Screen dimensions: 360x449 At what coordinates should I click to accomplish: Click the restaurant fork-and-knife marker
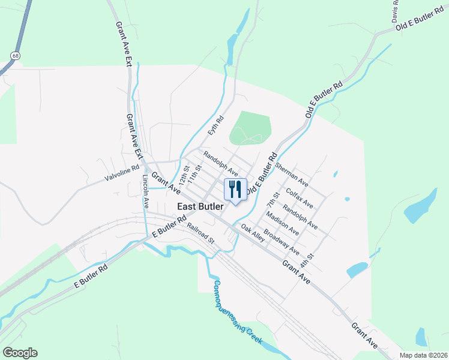click(235, 190)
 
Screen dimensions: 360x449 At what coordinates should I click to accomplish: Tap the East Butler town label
click(200, 206)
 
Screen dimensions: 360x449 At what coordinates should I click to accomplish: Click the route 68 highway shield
click(13, 55)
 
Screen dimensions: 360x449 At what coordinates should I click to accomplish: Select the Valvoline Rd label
click(122, 173)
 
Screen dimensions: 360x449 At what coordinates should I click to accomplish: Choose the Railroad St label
click(200, 233)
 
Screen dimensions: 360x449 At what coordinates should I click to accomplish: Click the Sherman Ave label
click(292, 173)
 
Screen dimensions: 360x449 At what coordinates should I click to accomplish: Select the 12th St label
click(185, 176)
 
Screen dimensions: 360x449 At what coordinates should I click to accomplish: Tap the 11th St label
click(192, 178)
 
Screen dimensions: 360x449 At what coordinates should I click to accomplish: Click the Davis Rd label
click(396, 11)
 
